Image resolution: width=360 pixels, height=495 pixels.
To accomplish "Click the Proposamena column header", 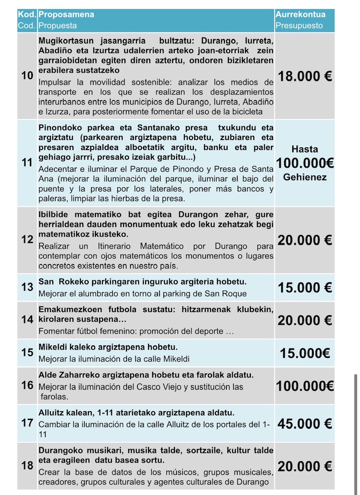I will tap(66, 15).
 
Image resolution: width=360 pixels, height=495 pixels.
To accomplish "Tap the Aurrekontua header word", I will tap(300, 15).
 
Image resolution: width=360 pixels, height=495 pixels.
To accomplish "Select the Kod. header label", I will tap(27, 15).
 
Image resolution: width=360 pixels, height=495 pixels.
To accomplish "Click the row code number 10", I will tap(27, 75).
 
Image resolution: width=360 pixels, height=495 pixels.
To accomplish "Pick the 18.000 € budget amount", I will tap(305, 76).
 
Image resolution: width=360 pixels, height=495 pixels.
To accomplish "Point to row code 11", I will tap(27, 162).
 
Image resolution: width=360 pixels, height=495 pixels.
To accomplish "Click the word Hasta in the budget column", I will tap(305, 149).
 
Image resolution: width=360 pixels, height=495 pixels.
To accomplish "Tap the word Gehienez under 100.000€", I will tap(305, 178).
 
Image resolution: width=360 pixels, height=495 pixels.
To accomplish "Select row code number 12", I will tap(27, 240).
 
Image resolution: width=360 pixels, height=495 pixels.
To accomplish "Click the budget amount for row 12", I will tap(305, 240).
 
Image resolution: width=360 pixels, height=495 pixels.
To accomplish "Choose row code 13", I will tap(27, 287).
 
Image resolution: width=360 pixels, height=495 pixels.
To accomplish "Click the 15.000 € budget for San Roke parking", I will tap(305, 287).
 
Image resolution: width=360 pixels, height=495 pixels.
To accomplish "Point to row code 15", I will tap(27, 353).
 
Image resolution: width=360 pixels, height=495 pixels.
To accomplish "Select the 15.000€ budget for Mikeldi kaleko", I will tap(305, 353).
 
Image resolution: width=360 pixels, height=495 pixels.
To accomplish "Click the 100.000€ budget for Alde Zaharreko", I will tap(305, 386).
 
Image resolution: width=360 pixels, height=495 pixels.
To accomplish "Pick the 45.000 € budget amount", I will tap(305, 424).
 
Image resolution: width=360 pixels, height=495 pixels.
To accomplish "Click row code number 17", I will tap(27, 423).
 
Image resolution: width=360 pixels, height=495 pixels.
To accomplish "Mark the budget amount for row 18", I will tap(305, 466).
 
